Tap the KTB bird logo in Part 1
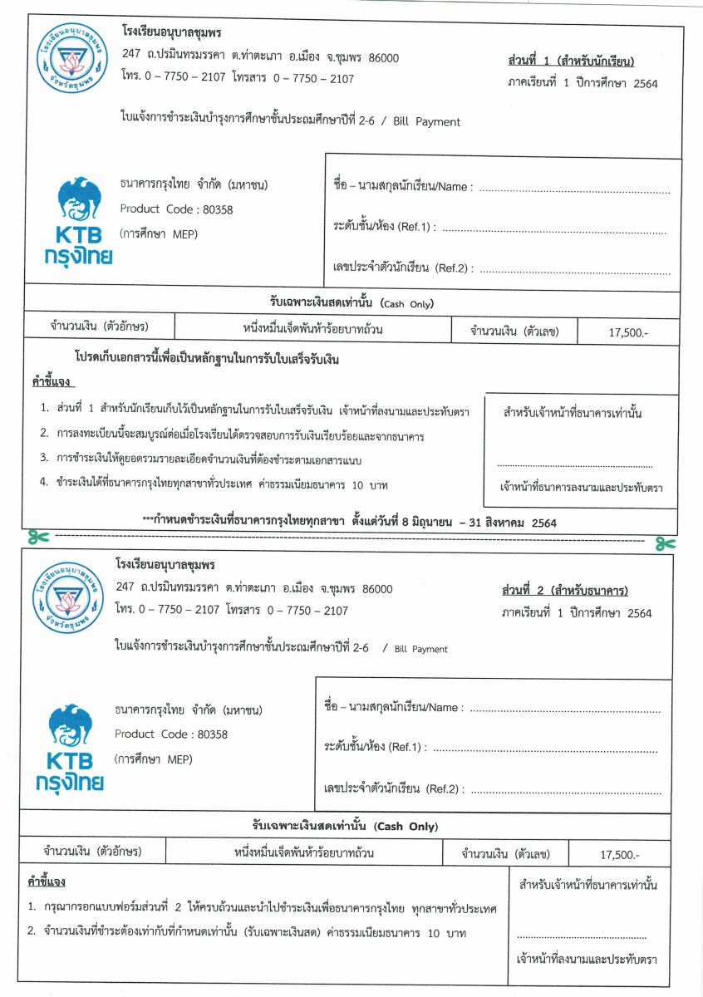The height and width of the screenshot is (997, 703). click(x=77, y=199)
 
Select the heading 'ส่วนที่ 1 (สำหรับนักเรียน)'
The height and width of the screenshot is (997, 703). click(x=570, y=61)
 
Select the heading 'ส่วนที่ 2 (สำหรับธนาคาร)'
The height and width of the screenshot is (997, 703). click(x=564, y=591)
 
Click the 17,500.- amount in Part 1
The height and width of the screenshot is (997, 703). click(x=628, y=332)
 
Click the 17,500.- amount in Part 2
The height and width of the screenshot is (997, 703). click(x=620, y=854)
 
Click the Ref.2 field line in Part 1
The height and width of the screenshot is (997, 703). click(x=574, y=271)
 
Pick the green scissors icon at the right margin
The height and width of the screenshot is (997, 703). click(x=664, y=543)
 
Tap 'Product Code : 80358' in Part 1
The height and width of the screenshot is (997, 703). click(x=176, y=210)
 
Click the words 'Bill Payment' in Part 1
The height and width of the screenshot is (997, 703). click(x=426, y=122)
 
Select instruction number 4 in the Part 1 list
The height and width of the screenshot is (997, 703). click(x=216, y=484)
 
